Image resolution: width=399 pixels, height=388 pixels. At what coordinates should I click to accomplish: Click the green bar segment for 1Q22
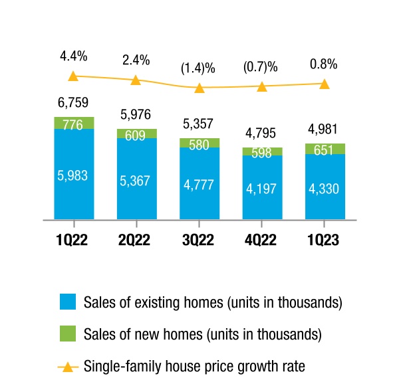pos(74,123)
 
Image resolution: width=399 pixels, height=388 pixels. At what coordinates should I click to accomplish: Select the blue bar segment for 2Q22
pos(137,179)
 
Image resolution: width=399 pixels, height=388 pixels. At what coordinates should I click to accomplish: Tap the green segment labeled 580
pos(199,143)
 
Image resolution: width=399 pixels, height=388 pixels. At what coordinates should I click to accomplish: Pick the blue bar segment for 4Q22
pos(263,187)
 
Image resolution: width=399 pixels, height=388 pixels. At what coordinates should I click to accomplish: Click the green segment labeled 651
pos(325,149)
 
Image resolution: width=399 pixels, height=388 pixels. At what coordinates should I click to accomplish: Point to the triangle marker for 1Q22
pos(73,76)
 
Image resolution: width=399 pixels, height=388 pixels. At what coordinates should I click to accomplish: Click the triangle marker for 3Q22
pos(199,88)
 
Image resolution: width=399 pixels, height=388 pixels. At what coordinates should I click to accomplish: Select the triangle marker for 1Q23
pos(325,84)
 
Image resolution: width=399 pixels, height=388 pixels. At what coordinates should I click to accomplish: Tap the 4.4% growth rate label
pos(74,56)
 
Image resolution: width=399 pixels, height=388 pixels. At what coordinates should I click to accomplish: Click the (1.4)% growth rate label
pos(198,68)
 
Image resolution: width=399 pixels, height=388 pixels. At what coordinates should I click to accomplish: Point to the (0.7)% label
pos(260,67)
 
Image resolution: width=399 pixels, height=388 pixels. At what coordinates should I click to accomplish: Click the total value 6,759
pos(73,102)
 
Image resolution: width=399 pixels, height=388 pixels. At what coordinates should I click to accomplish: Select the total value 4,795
pos(260,133)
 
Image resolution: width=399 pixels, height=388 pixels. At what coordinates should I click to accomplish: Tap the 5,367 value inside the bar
pos(135,181)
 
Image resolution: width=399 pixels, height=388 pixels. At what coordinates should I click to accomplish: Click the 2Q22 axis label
pos(134,240)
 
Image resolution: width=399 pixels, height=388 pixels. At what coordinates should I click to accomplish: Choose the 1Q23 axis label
pos(323,240)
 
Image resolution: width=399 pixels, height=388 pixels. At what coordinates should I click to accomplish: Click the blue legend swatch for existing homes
pos(68,302)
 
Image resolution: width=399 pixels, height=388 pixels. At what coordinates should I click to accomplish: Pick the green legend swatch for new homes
pos(68,334)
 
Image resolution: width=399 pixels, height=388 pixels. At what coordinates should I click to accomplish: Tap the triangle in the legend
pos(68,367)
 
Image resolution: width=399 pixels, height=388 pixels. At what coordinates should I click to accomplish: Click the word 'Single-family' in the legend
pos(122,367)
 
